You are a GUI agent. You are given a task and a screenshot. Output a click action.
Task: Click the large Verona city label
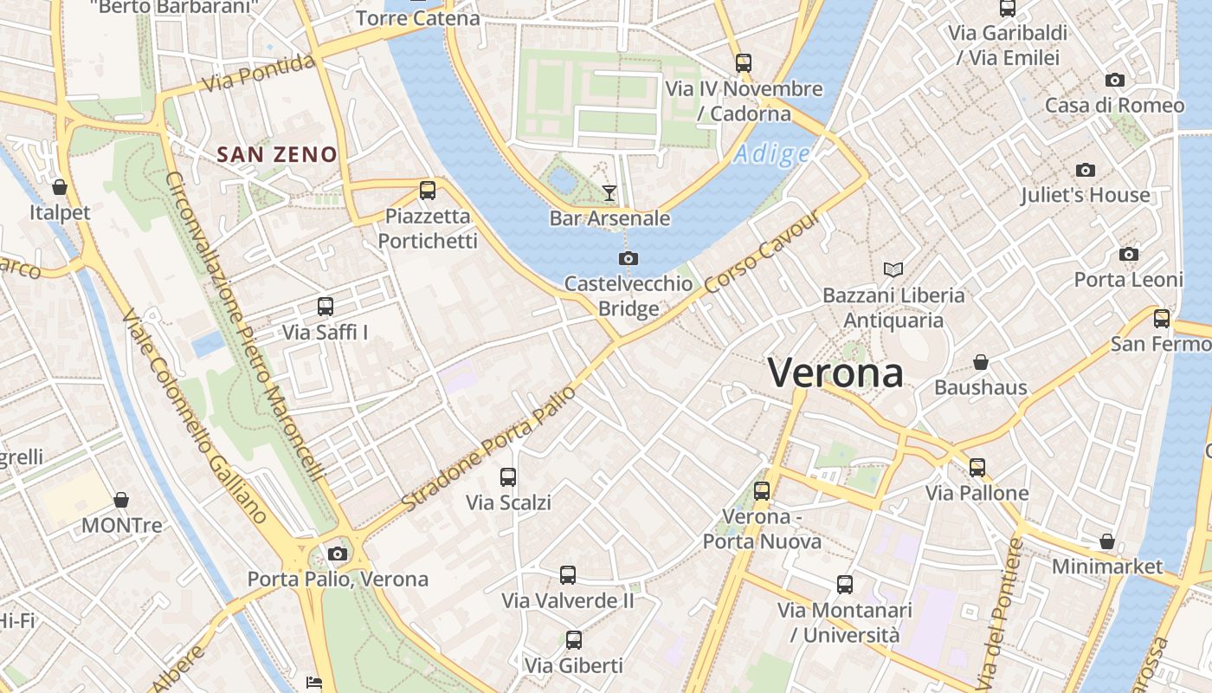[x=835, y=373]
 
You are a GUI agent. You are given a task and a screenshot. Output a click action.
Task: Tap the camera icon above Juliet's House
[x=1085, y=170]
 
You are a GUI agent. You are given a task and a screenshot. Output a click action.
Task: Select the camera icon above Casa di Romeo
[x=1115, y=81]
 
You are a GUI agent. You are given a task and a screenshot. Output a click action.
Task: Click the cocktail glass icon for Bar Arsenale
[x=609, y=192]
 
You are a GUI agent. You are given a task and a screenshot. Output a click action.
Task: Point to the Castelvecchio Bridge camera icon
[x=629, y=258]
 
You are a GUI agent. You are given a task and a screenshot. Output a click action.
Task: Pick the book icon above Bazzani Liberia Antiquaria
[x=893, y=270]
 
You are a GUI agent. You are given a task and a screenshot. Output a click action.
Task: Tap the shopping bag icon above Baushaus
[x=981, y=362]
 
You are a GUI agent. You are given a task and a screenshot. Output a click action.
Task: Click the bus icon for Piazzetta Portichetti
[x=427, y=191]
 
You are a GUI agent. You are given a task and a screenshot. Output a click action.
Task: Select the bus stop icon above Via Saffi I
[x=326, y=307]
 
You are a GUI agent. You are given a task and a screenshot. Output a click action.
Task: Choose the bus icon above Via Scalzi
[x=508, y=477]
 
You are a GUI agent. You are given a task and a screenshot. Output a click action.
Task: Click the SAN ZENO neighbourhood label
[x=276, y=155]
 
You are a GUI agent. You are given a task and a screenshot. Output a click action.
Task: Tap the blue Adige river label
[x=772, y=154]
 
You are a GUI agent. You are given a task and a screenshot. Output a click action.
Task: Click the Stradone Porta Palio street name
[x=489, y=447]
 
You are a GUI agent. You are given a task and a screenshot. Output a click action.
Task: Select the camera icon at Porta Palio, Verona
[x=338, y=554]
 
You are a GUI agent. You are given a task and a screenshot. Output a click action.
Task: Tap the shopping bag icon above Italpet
[x=60, y=187]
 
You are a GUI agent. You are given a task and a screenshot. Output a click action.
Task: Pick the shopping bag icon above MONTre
[x=121, y=501]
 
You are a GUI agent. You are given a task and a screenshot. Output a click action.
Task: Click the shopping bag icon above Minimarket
[x=1106, y=542]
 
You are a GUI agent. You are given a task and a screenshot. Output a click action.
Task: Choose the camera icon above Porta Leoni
[x=1128, y=254]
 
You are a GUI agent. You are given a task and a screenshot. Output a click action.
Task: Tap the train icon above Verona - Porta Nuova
[x=762, y=491]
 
